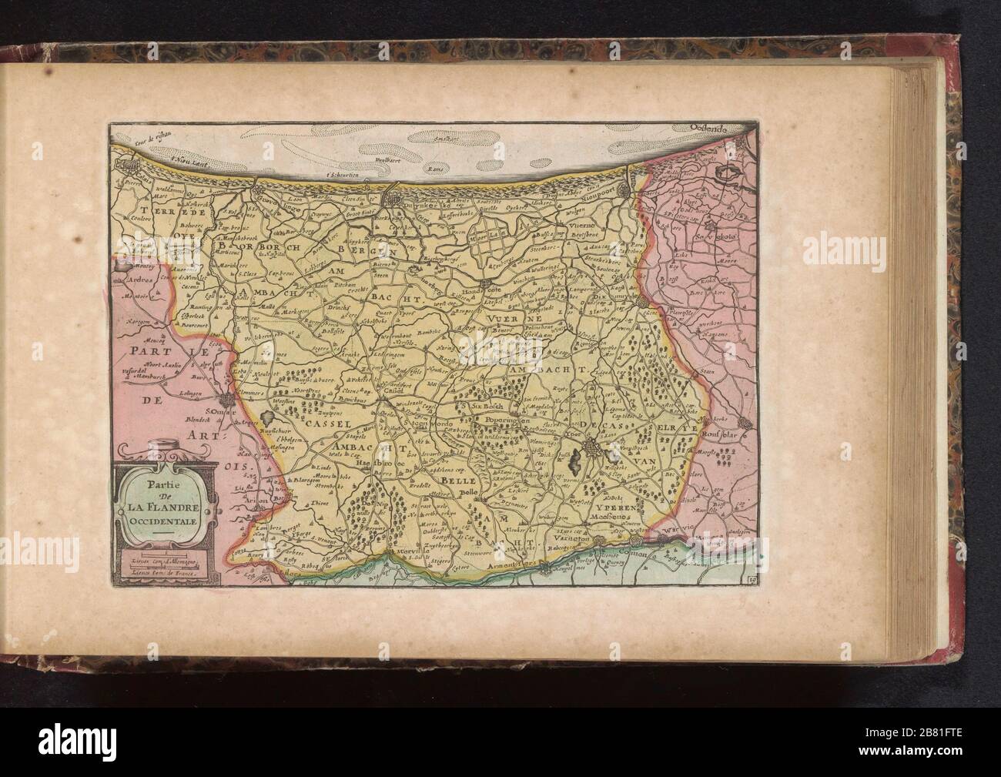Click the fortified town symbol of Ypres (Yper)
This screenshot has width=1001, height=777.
coord(592,449)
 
